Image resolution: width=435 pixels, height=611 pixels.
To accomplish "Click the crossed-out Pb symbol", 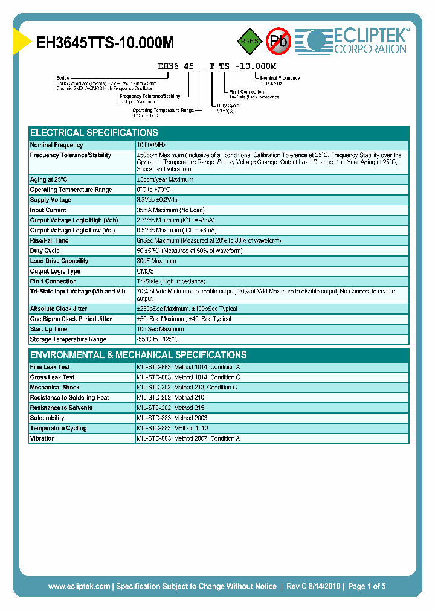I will [279, 41].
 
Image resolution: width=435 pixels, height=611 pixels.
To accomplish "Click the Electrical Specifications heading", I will [94, 133].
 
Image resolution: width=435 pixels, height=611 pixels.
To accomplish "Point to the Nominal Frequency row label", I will [56, 145].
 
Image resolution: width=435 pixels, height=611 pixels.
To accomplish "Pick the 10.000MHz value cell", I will [151, 145].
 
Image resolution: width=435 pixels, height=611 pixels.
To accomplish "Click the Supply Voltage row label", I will [51, 200].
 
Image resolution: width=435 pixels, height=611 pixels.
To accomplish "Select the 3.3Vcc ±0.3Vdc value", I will [157, 200].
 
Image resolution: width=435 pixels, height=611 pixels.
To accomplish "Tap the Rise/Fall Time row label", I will [49, 240].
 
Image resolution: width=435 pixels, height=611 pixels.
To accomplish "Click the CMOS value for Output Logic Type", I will [145, 271].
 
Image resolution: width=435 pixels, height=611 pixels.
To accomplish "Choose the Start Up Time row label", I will [48, 329].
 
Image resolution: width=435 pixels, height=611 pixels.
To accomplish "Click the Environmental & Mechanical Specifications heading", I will [138, 355].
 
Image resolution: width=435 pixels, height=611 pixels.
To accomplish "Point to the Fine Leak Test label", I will [50, 367].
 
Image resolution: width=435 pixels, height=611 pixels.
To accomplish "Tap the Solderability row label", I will [47, 418].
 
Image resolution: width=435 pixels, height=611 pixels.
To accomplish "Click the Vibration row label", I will [42, 438].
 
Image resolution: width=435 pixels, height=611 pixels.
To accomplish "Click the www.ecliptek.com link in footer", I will [79, 586].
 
